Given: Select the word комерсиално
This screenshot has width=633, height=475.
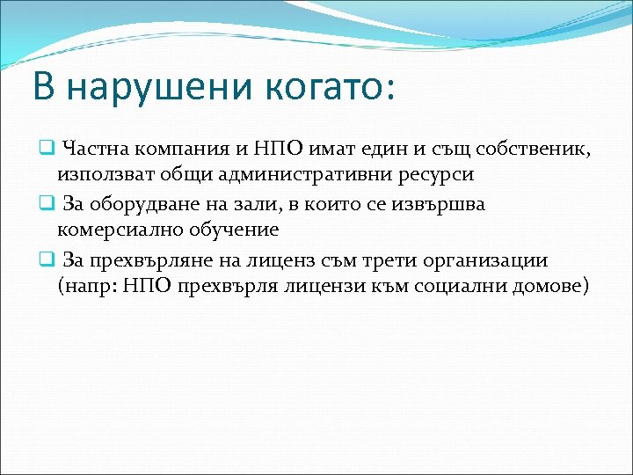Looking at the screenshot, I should click(x=115, y=230).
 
